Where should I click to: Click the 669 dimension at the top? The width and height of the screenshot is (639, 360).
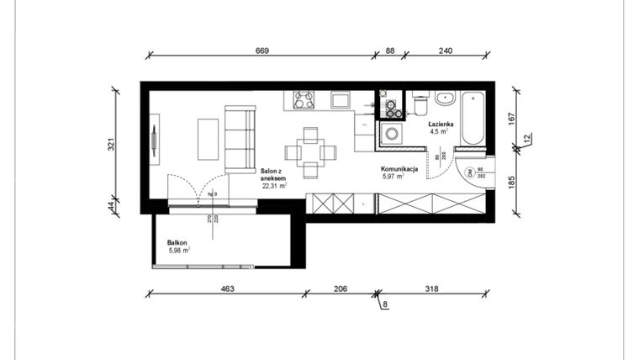point(261,51)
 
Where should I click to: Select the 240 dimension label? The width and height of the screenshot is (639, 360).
point(446,51)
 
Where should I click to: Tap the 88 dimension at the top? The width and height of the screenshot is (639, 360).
point(390,51)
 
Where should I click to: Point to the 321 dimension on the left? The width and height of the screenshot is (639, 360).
point(111,144)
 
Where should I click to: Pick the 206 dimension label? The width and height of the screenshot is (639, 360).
point(341,289)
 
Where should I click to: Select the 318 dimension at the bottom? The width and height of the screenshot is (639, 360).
point(431,289)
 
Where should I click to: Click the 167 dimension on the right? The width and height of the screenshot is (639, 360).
point(512,119)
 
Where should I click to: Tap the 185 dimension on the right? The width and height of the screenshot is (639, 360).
point(512,182)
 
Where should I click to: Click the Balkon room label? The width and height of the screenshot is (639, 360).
point(177,242)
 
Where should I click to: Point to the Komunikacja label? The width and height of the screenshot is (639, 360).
point(399,169)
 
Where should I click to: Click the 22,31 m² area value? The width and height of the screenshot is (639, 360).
point(274,187)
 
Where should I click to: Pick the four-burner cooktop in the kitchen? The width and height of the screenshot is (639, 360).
point(303,100)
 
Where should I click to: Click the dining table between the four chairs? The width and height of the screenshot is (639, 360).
point(310,152)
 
